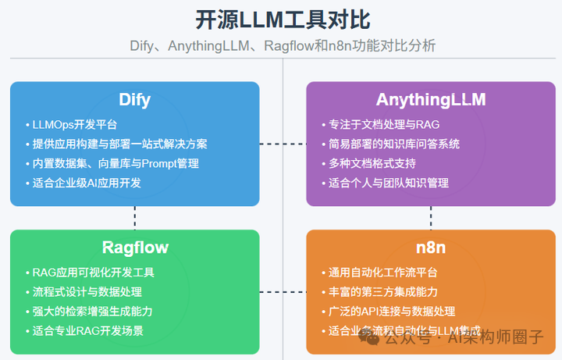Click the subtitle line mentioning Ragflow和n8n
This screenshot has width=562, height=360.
coord(282,46)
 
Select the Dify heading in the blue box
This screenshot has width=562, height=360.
coord(134,100)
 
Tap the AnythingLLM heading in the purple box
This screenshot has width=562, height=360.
coord(430,100)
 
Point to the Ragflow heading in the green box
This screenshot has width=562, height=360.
coord(134,248)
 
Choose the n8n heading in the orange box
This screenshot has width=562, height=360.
coord(430,248)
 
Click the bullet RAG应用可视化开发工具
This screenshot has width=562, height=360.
coord(93,273)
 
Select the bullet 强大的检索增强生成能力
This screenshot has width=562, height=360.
coord(92,311)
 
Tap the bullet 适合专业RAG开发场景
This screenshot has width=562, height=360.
coord(87,330)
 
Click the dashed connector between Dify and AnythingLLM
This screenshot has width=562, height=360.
coord(283,144)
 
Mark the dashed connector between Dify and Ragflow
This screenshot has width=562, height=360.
coord(135,218)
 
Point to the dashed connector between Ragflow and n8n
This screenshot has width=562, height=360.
coord(283,292)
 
